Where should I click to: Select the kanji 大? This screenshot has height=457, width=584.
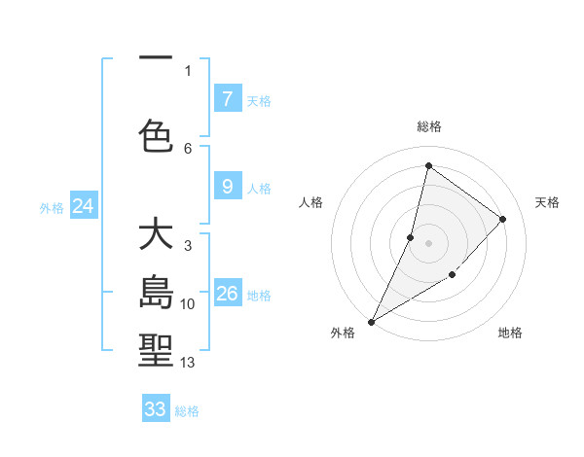click(156, 235)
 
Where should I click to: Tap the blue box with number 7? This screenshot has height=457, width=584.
click(227, 98)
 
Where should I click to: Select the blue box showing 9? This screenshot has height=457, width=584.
click(227, 187)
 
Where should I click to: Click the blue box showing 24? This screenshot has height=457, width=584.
click(84, 205)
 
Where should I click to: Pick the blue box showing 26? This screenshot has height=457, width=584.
click(227, 294)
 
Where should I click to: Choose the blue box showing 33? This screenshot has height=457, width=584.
click(156, 409)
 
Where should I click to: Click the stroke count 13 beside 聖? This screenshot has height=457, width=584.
click(188, 363)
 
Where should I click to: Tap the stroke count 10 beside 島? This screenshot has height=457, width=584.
click(188, 304)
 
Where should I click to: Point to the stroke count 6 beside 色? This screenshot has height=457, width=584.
click(188, 148)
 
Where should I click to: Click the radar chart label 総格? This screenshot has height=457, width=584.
click(429, 126)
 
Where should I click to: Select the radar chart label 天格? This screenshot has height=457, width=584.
click(548, 202)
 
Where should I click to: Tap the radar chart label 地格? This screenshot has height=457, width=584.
click(510, 334)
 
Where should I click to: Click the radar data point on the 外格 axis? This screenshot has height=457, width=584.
click(371, 322)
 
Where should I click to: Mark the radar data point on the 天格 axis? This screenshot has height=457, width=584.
click(503, 219)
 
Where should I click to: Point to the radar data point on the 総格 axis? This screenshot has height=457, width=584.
click(428, 165)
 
